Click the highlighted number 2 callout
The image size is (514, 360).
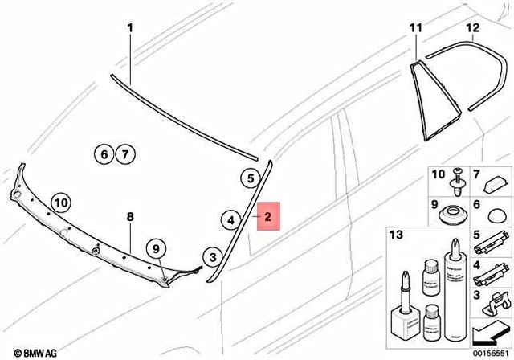click(268, 215)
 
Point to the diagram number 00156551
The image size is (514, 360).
click(492, 352)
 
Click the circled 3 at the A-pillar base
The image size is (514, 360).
click(211, 257)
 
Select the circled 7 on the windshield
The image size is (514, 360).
click(123, 153)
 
